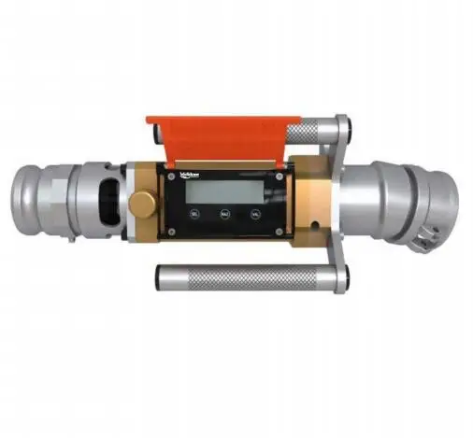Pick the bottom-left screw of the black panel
pyautogui.click(x=172, y=230)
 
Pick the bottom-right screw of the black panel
pyautogui.click(x=278, y=230)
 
